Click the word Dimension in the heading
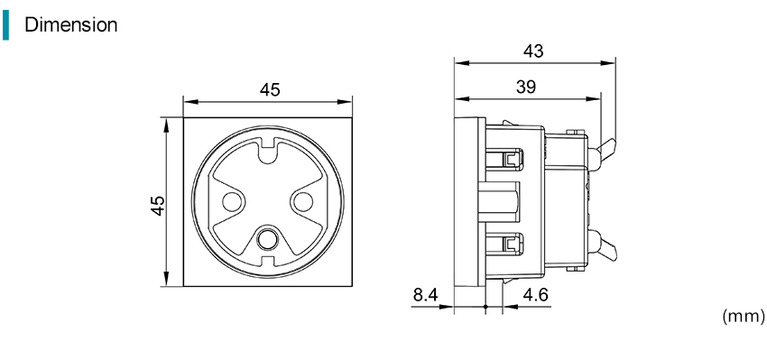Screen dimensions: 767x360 (71, 24)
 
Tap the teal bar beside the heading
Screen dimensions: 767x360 (5, 25)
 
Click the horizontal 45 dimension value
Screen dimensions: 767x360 (270, 90)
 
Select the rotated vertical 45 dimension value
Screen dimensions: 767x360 (158, 206)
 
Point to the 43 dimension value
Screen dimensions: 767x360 (533, 51)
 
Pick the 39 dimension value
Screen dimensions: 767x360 (526, 87)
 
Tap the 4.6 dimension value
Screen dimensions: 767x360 (536, 295)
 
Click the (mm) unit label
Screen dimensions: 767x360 (743, 317)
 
